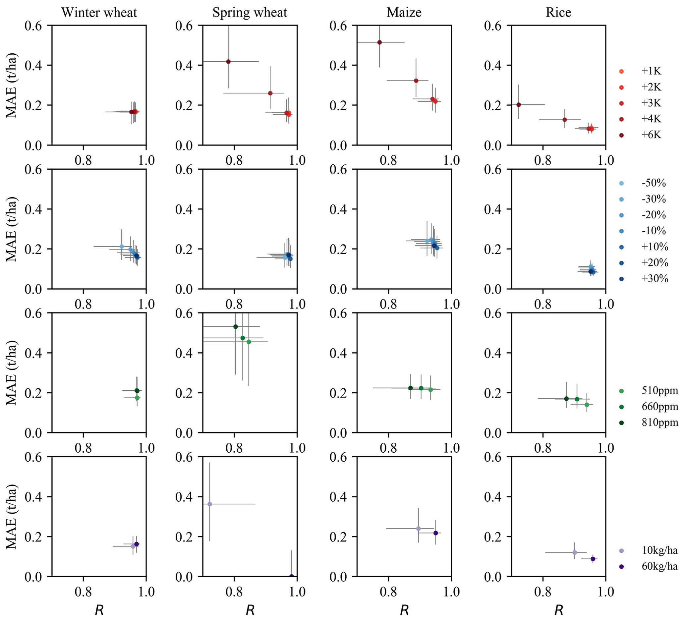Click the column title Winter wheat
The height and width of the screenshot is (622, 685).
tap(99, 13)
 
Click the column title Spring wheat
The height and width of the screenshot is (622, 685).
tap(250, 13)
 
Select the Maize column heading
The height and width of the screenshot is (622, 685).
tap(404, 13)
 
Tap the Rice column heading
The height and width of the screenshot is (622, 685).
tap(558, 13)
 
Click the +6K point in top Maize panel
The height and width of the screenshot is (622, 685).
tap(379, 42)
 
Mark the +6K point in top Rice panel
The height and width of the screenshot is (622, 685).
tap(519, 105)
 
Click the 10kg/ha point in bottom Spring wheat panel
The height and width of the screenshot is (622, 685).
tap(210, 504)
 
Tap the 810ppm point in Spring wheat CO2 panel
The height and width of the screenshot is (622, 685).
tap(236, 326)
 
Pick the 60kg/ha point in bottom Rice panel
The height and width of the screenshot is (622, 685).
tap(593, 559)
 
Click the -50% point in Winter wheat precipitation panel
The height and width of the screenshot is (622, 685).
tap(122, 246)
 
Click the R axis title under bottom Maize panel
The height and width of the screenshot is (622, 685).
tap(404, 610)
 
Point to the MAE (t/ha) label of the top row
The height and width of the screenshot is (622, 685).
tap(12, 85)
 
